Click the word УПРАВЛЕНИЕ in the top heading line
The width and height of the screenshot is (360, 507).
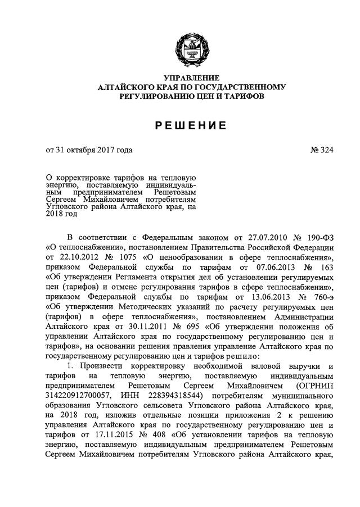(191, 78)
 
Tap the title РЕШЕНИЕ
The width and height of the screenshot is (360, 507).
(191, 125)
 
